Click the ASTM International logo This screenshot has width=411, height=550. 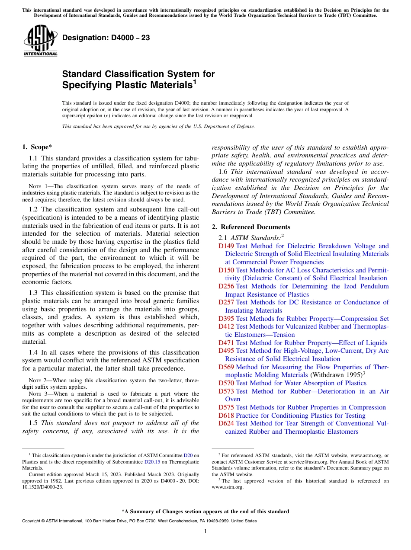(x=40, y=41)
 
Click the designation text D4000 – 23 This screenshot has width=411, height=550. (x=106, y=38)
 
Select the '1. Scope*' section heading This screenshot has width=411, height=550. (x=38, y=147)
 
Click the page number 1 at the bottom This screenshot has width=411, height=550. (x=205, y=531)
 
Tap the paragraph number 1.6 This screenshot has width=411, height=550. (x=224, y=172)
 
